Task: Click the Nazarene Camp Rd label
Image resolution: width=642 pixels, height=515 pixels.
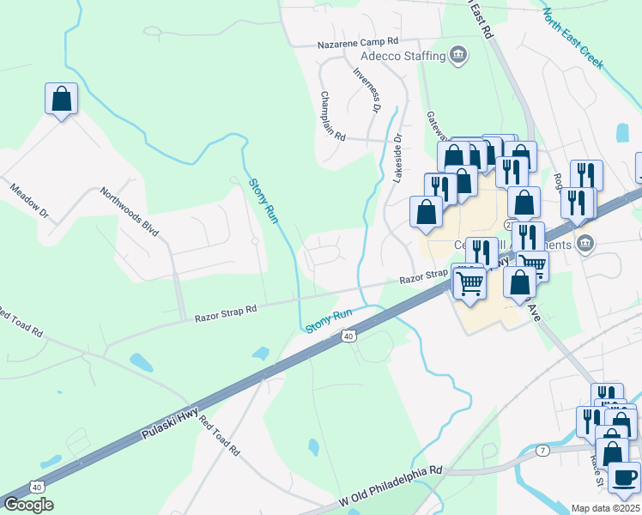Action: pos(358,41)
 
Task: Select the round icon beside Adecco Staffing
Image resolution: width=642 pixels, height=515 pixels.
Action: pos(459,56)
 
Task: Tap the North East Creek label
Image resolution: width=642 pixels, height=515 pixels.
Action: pos(572,39)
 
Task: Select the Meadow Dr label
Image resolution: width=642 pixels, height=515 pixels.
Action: pos(31,199)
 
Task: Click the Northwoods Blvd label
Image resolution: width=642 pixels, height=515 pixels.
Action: pos(130,212)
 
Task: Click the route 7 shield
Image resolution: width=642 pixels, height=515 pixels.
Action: pos(542,450)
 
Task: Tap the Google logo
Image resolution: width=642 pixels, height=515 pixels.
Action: pos(28,505)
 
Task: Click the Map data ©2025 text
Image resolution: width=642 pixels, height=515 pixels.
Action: pos(604,508)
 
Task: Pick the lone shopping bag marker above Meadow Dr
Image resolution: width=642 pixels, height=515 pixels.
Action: pos(62,99)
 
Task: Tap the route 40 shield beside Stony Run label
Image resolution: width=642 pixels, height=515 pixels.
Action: pos(348,336)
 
